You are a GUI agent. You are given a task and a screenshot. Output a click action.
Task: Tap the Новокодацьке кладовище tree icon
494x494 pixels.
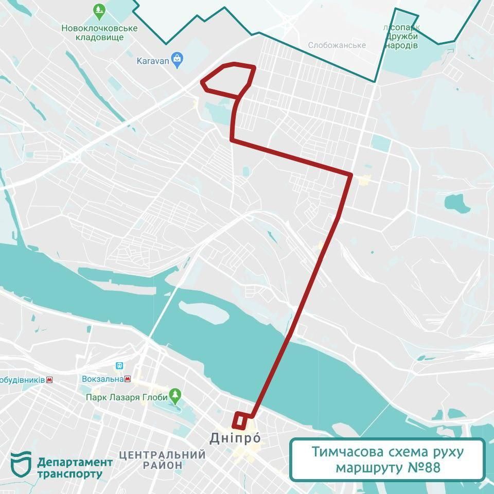[x=99, y=10]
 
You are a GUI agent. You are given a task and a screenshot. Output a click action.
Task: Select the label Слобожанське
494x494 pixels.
[x=337, y=45]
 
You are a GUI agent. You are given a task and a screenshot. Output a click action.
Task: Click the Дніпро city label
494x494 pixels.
[x=236, y=438]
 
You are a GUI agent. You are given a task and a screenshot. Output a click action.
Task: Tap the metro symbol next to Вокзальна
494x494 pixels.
[x=128, y=379]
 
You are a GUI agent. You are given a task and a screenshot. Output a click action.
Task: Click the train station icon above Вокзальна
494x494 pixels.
[x=120, y=366]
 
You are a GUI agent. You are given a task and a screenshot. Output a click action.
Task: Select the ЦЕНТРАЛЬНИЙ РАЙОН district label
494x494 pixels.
[x=162, y=460]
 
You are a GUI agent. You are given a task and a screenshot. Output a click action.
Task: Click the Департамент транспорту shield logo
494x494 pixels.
[x=21, y=465]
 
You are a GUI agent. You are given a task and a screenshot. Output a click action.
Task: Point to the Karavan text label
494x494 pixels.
[x=152, y=61]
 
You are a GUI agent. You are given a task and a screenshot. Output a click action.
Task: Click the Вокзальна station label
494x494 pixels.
[x=102, y=379]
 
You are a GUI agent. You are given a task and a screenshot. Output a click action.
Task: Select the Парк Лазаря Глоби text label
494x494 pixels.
[x=127, y=397]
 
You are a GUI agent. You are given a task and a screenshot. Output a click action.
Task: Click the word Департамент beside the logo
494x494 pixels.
[x=75, y=462]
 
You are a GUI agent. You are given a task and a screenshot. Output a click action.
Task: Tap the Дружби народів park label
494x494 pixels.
[x=401, y=41]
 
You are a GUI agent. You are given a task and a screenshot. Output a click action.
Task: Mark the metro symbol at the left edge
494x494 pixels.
[x=49, y=380]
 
